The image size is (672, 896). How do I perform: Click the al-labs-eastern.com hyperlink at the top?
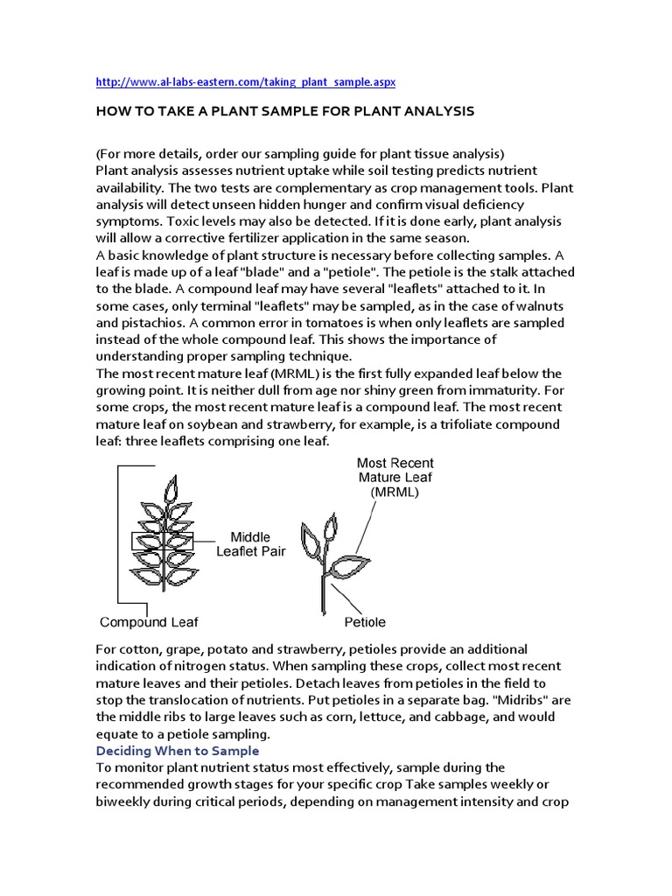coord(246,81)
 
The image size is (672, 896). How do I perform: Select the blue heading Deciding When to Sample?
coord(178,750)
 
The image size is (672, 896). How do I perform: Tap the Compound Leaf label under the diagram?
coord(149,622)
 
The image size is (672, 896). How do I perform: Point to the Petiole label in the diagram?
coord(364,622)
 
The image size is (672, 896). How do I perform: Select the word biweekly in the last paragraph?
coord(124,801)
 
